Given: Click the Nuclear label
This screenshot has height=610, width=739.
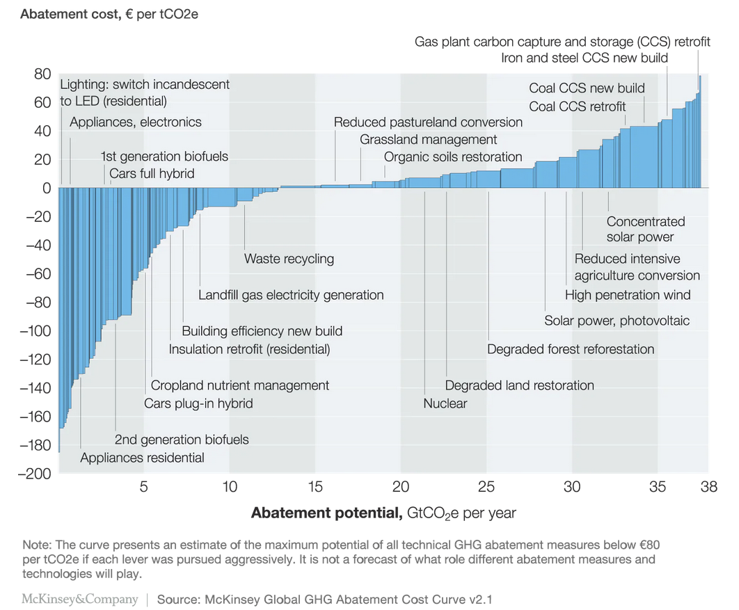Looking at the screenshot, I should pos(445,403).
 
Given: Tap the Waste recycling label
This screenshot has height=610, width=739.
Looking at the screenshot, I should pos(289,259).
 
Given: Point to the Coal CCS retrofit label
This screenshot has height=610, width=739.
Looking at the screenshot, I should pos(578,106).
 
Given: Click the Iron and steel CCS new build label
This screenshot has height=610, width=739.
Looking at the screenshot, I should pos(585,57).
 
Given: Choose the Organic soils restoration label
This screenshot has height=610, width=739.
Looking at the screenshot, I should pos(453,156).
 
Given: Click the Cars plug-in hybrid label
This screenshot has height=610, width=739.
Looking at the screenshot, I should pos(198,403).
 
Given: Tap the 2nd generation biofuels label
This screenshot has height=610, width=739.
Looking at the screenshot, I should pos(182,440).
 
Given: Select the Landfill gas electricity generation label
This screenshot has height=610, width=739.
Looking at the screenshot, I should pos(291,295).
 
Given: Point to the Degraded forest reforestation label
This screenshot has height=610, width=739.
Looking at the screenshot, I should pos(571,349).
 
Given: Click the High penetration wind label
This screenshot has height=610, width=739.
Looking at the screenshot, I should pos(628,295).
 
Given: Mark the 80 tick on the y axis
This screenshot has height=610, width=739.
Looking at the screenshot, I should pos(43,74).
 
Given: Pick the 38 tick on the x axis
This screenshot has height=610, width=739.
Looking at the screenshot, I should pos(708,488).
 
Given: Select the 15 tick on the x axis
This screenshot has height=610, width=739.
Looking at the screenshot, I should pos(315,488).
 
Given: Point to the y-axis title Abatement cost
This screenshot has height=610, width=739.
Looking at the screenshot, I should pos(109,14).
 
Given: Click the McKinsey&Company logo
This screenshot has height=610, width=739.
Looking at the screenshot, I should pos(81,599).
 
